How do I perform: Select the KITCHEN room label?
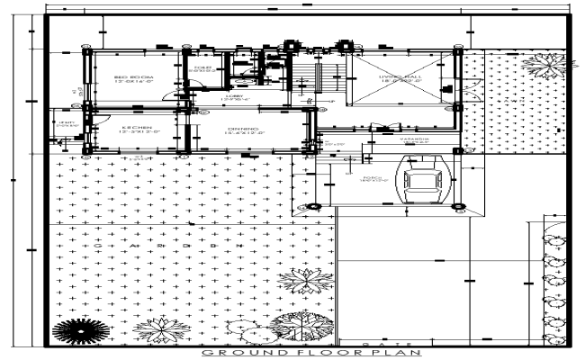click(136, 128)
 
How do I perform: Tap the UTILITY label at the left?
click(65, 122)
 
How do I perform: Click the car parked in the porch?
click(421, 184)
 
